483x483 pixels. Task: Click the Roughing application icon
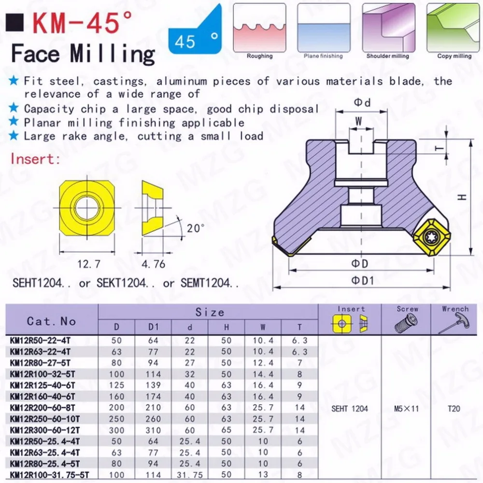pos(259,28)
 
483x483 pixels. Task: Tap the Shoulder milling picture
pos(388,28)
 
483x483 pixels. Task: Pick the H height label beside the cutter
pos(462,197)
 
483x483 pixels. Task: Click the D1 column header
pos(153,327)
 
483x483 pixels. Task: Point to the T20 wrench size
pos(454,409)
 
